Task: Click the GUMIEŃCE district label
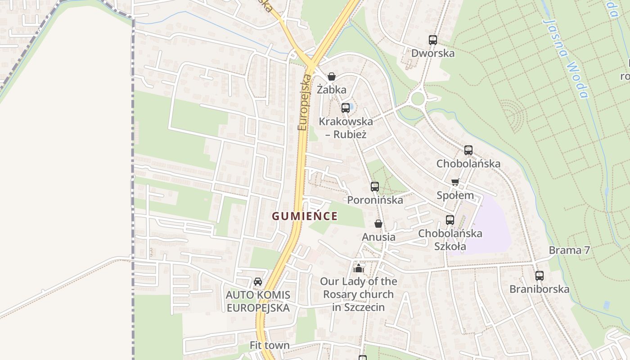pyautogui.click(x=305, y=216)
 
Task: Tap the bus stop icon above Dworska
pyautogui.click(x=433, y=40)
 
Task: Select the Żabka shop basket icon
pyautogui.click(x=332, y=76)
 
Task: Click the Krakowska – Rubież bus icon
pyautogui.click(x=346, y=108)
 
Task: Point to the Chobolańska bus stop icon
pyautogui.click(x=468, y=150)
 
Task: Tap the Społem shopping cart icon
pyautogui.click(x=455, y=182)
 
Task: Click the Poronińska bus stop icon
pyautogui.click(x=375, y=186)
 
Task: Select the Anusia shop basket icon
pyautogui.click(x=378, y=224)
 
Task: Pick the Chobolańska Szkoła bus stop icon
pyautogui.click(x=450, y=220)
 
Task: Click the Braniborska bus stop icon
pyautogui.click(x=540, y=276)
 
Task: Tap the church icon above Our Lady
pyautogui.click(x=359, y=268)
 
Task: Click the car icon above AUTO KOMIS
pyautogui.click(x=258, y=282)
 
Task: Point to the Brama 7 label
pyautogui.click(x=569, y=250)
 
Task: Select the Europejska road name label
pyautogui.click(x=305, y=103)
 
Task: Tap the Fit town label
pyautogui.click(x=270, y=346)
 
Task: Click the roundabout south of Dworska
pyautogui.click(x=418, y=98)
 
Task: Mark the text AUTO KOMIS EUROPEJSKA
pyautogui.click(x=258, y=301)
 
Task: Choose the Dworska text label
pyautogui.click(x=433, y=53)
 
